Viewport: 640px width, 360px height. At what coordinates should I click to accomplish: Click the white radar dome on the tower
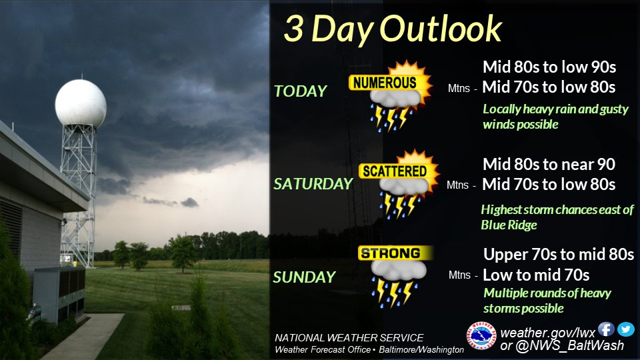[x=81, y=103]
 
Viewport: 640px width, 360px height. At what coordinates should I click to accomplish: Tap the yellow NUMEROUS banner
[x=385, y=83]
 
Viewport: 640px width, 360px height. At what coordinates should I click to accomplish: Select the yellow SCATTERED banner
[x=394, y=171]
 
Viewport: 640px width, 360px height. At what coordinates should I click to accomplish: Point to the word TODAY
[x=301, y=91]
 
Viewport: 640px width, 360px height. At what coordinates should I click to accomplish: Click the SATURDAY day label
[x=313, y=184]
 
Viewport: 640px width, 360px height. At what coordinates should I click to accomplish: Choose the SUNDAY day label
[x=304, y=277]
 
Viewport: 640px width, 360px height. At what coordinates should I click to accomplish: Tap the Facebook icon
[x=606, y=329]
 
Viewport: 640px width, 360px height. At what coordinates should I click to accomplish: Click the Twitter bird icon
[x=625, y=329]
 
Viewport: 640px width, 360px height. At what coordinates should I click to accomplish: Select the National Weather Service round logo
[x=481, y=335]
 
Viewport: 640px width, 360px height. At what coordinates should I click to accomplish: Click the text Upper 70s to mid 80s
[x=559, y=254]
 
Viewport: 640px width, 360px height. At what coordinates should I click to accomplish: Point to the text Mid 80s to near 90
[x=549, y=164]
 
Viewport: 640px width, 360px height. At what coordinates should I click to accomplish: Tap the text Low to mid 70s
[x=536, y=275]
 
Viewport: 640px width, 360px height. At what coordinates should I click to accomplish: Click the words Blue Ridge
[x=509, y=225]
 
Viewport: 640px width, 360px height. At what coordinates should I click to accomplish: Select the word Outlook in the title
[x=441, y=29]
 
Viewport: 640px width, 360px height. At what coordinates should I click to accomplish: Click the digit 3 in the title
[x=293, y=29]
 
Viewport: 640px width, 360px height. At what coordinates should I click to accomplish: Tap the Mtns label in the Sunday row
[x=459, y=275]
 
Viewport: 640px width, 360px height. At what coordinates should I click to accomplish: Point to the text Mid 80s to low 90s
[x=549, y=67]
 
